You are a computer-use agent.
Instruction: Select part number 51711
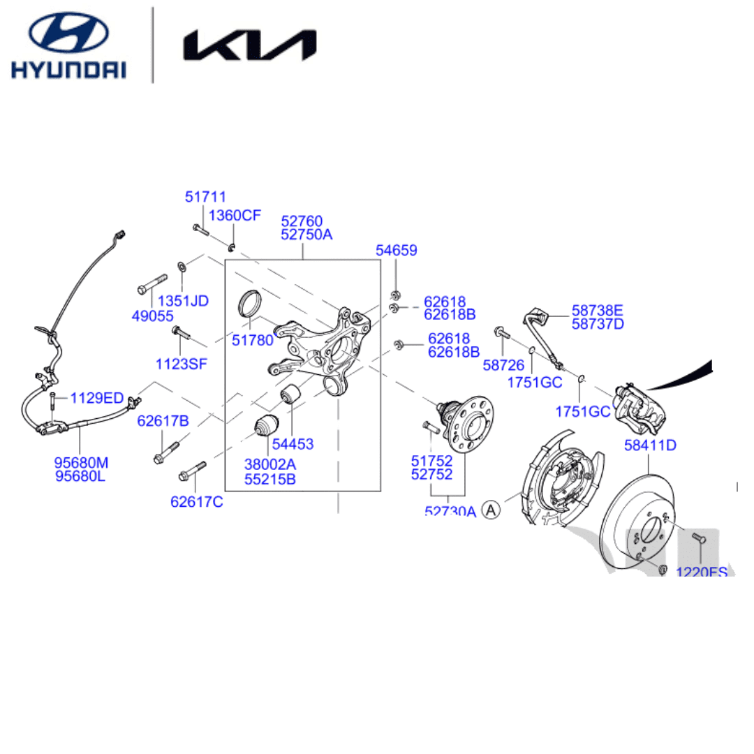click(205, 198)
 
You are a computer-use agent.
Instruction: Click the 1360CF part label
click(235, 215)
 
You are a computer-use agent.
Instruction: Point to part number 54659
click(396, 251)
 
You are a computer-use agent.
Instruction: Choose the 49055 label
click(152, 316)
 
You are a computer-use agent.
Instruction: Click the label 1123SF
click(182, 363)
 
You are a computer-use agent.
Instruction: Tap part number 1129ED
click(96, 398)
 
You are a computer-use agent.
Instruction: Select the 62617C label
click(196, 501)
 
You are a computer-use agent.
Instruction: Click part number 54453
click(293, 444)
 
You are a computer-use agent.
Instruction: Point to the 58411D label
click(650, 445)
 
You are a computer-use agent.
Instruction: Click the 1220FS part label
click(701, 572)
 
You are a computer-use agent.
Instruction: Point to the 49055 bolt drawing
click(152, 283)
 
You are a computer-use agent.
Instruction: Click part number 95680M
click(82, 462)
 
